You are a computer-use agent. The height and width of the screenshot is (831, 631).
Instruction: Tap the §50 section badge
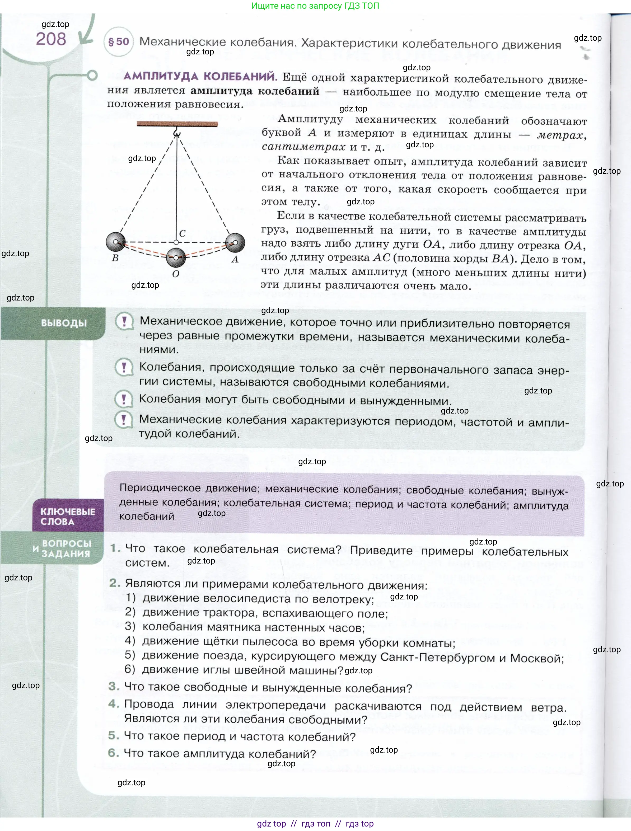(x=118, y=42)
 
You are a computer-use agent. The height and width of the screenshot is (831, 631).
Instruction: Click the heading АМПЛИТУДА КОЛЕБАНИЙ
(x=200, y=76)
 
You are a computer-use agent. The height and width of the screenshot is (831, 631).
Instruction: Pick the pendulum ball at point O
(x=176, y=257)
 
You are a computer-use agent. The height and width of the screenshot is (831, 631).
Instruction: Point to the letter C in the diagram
(x=182, y=233)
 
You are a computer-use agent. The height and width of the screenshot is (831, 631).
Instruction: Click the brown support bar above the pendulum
(x=177, y=124)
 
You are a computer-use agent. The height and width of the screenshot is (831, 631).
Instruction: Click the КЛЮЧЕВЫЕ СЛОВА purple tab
(x=68, y=516)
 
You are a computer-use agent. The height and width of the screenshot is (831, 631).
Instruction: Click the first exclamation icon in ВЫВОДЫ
(x=124, y=322)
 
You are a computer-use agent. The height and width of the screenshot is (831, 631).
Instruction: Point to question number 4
(x=114, y=704)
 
